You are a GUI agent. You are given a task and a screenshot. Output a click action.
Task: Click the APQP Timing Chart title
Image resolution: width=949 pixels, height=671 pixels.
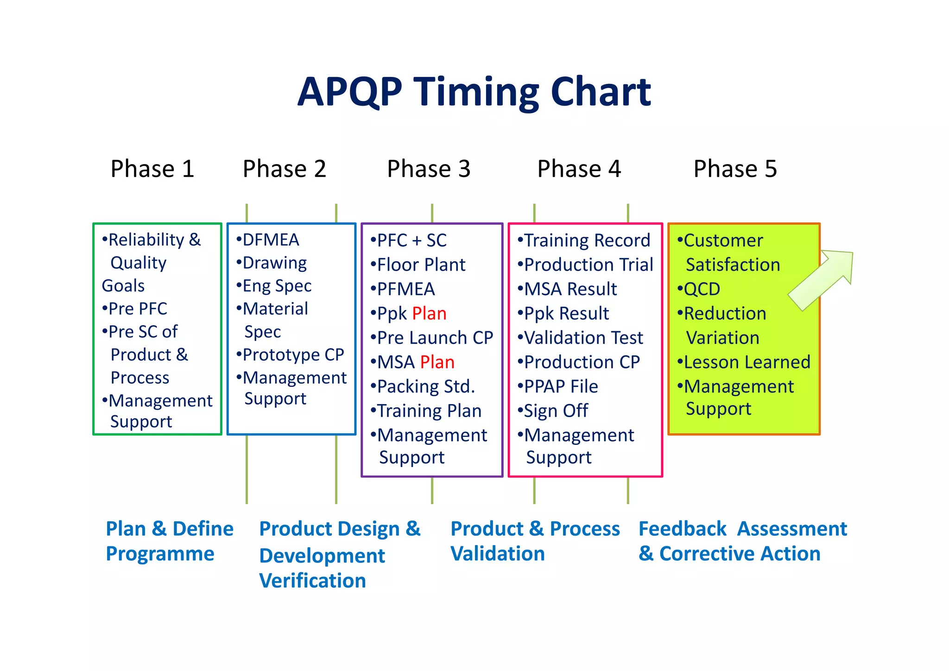click(474, 92)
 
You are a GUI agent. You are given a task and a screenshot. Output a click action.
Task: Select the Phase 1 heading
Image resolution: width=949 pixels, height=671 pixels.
click(152, 169)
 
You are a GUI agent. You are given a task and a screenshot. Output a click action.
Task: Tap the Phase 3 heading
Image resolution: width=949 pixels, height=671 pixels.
click(429, 169)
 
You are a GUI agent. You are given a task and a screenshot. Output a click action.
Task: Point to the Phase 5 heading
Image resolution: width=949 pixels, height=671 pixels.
click(735, 169)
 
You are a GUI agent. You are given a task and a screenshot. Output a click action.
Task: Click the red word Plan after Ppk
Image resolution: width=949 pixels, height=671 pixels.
click(429, 314)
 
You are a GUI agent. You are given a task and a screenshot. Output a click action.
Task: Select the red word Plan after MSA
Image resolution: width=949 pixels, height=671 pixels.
click(437, 362)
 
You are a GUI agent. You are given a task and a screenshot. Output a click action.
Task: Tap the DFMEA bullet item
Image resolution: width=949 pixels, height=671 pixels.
click(270, 240)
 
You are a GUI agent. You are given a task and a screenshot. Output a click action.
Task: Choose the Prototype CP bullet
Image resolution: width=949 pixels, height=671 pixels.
click(293, 355)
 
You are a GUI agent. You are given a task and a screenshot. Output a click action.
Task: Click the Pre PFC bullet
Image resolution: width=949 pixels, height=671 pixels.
click(137, 309)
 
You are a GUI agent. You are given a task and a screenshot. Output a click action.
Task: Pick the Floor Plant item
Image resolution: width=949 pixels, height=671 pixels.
click(421, 265)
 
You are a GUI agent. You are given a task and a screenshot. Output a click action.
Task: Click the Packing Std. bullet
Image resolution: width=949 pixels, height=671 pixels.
click(425, 387)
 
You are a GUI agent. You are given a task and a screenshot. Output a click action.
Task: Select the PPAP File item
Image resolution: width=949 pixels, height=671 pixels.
click(560, 387)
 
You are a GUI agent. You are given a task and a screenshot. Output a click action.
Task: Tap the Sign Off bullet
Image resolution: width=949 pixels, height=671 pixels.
click(555, 411)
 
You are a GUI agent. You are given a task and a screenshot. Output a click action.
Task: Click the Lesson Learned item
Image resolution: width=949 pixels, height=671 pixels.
click(747, 362)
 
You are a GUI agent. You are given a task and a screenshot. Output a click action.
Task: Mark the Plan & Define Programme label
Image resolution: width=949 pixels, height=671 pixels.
click(169, 541)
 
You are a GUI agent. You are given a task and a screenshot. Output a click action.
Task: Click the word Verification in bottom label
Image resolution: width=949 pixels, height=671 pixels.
click(312, 581)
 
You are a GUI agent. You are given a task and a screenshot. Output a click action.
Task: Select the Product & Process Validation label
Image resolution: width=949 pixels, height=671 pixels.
click(535, 541)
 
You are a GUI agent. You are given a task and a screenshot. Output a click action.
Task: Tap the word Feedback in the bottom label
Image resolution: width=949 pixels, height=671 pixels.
click(682, 529)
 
